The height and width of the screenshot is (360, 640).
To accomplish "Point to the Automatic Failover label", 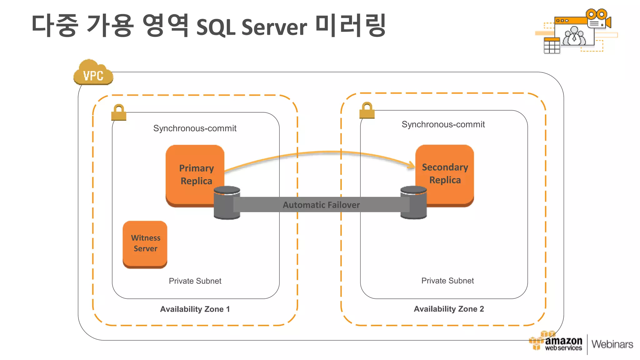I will pos(321,205).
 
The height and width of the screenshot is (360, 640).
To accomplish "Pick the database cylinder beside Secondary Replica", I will pos(413,202).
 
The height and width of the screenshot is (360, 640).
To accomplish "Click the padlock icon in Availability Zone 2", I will pos(367,110).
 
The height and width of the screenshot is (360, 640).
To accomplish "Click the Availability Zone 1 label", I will pos(195,309).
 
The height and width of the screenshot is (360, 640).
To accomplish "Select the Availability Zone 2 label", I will pos(449,309).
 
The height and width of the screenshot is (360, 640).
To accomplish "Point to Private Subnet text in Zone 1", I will pos(195,281).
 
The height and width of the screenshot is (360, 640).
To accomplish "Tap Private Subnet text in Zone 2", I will pos(447,281).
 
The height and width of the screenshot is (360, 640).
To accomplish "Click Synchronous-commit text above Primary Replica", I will pos(195,128).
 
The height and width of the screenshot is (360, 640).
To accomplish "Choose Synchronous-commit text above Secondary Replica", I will pos(443,124).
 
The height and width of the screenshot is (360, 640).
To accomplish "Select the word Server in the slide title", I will pos(274,27).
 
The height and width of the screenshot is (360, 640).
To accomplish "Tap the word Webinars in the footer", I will pos(612,344).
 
